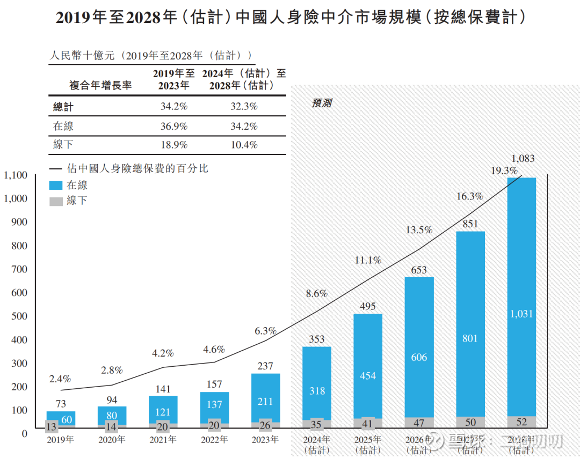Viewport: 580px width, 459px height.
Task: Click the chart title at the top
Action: pos(290,18)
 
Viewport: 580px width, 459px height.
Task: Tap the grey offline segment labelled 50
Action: pos(470,423)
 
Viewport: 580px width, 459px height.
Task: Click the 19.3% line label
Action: pos(504,171)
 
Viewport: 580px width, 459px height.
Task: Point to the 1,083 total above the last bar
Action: pos(523,159)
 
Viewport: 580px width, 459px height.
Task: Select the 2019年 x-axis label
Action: pos(60,440)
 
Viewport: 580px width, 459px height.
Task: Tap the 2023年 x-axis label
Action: pos(265,440)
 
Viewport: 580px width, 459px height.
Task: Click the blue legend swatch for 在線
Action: pos(56,186)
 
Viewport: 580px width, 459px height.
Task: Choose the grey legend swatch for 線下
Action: pos(56,202)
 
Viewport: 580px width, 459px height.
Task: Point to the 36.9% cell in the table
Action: pos(174,127)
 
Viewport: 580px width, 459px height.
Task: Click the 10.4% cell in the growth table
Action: pos(244,145)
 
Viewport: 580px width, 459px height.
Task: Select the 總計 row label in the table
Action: pos(63,107)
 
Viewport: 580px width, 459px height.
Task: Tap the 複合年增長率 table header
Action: pos(100,85)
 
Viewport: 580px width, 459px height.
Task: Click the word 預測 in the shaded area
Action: pos(322,103)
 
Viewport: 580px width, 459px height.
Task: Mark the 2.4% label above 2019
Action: pos(60,379)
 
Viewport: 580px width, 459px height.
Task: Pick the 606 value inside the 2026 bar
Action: pos(419,358)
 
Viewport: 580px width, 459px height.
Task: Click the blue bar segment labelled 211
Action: pos(265,402)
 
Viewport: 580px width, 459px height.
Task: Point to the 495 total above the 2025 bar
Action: pos(368,306)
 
